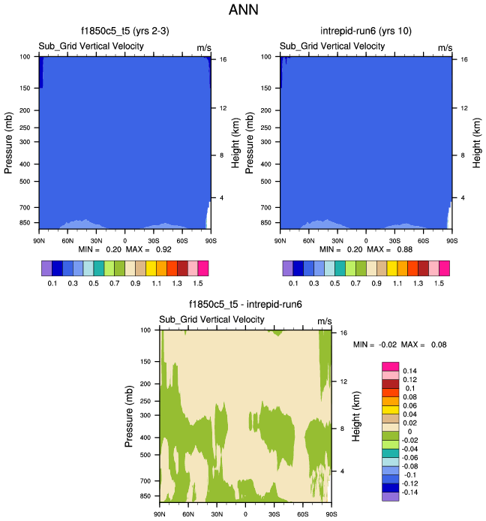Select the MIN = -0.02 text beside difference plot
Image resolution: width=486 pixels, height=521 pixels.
[373, 344]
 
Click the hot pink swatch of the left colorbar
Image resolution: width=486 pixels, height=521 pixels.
[202, 268]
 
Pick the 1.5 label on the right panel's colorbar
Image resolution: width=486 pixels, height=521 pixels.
[438, 285]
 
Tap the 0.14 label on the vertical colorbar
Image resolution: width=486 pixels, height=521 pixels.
[411, 371]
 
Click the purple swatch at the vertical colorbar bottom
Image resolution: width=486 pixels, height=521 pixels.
[391, 496]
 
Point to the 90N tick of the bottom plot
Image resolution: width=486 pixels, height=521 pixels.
[160, 514]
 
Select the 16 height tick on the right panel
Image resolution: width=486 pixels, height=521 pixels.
[463, 59]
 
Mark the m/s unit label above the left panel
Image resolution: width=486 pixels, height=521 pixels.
[204, 47]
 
